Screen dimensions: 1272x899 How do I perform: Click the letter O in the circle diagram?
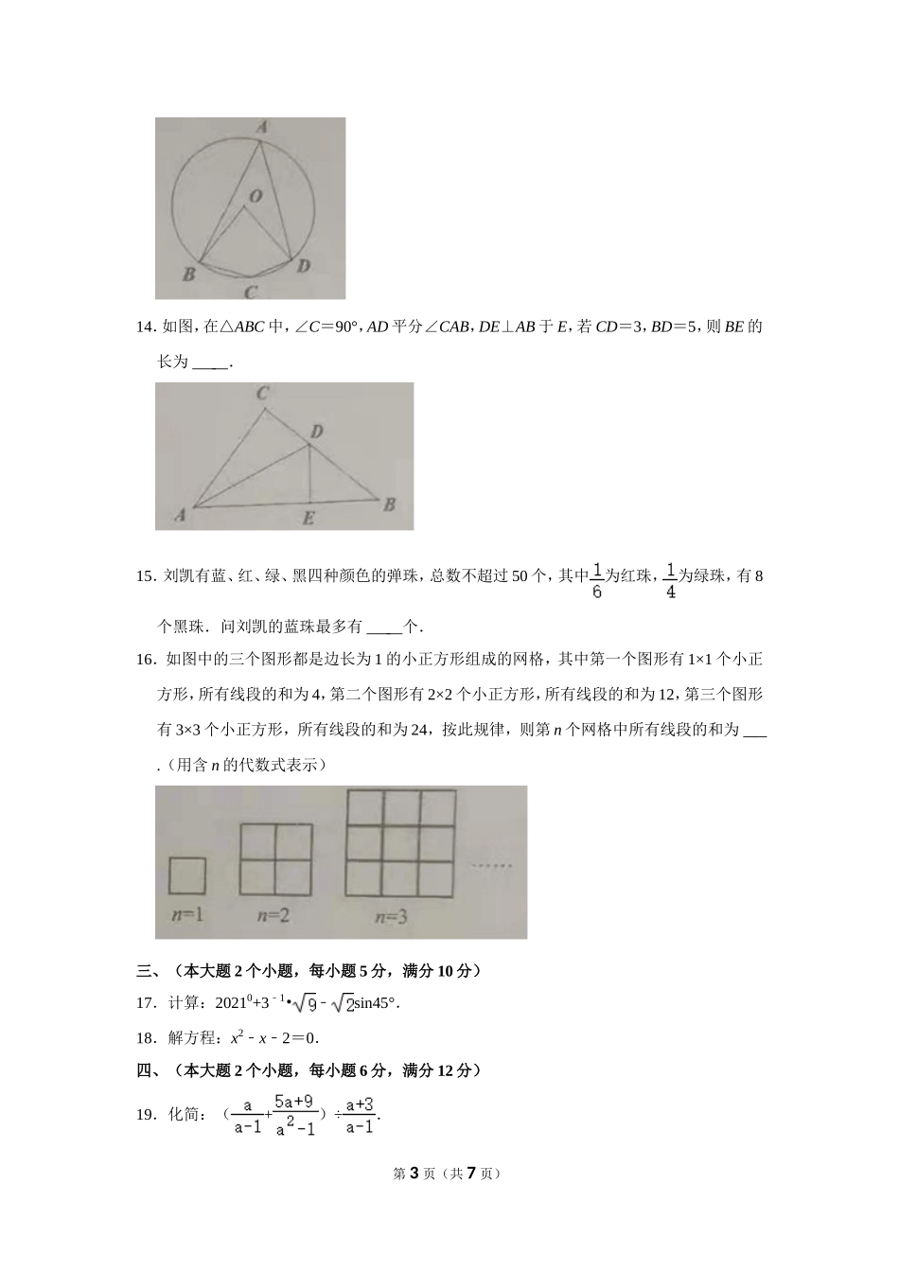coord(255,196)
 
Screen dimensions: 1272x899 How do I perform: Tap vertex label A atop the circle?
coord(262,126)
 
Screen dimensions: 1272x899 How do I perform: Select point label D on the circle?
coord(303,266)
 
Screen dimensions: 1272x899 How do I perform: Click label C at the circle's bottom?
coord(250,292)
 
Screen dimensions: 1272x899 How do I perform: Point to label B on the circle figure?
coord(188,274)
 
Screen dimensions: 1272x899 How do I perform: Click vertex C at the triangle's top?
coord(263,394)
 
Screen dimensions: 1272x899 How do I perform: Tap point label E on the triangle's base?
coord(308,519)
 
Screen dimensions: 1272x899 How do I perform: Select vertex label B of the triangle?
coord(388,505)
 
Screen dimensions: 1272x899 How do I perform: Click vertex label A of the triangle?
coord(179,515)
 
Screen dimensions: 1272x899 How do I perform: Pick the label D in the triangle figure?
coord(317,432)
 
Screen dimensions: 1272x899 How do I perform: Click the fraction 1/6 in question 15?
coord(596,581)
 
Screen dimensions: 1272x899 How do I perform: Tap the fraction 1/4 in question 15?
coord(670,581)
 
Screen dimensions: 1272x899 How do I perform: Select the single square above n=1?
coord(186,875)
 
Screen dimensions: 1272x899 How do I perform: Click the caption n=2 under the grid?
coord(273,915)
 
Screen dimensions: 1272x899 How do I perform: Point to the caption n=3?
coord(391,916)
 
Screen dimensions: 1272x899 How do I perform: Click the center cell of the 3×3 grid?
coord(402,842)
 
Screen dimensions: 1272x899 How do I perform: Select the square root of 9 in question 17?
coord(303,1003)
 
